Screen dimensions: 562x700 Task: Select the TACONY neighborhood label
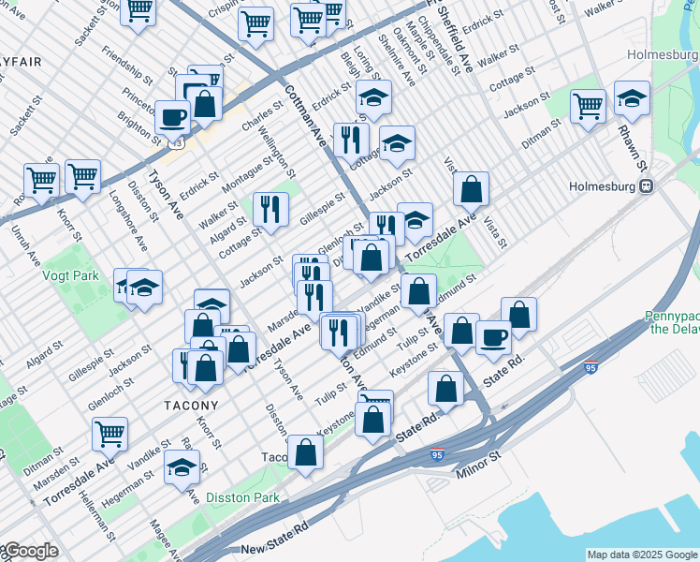191,406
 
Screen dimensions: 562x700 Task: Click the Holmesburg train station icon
646,185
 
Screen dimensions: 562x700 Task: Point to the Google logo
30,552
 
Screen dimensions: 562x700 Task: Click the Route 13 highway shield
175,145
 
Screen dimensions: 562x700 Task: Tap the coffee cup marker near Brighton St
172,116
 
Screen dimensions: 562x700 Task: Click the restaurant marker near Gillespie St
271,209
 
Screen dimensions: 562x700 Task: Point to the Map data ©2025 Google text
642,555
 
